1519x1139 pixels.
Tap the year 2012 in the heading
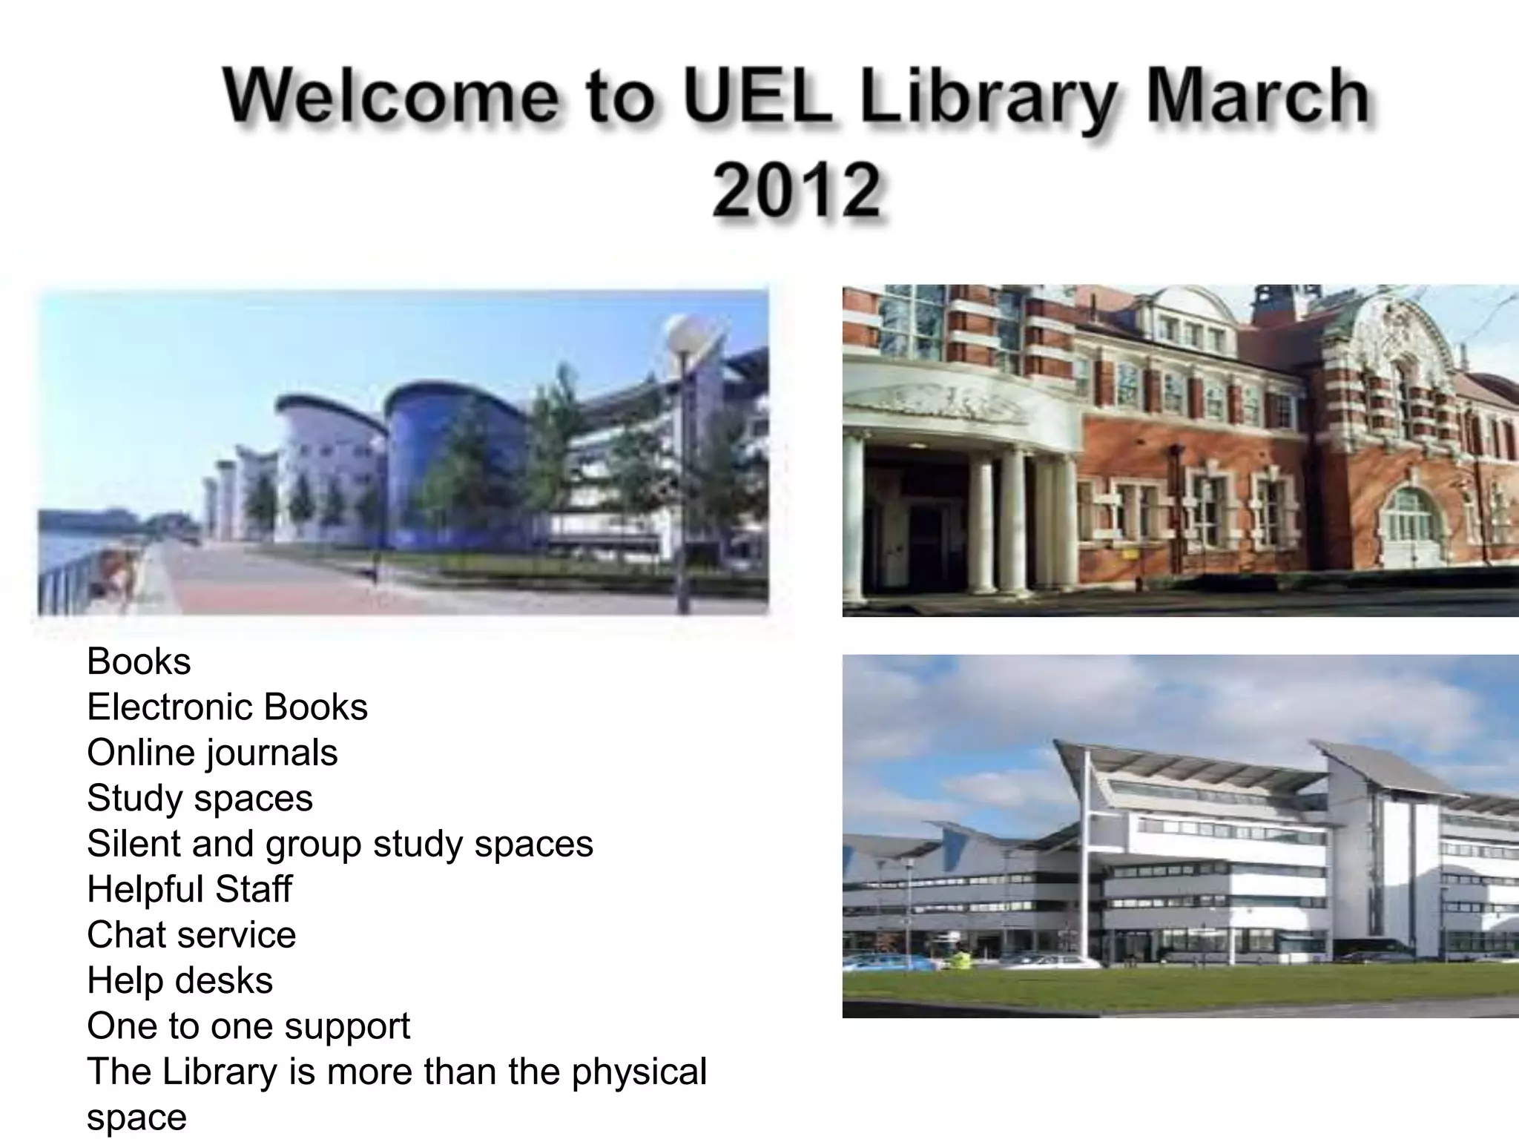click(797, 191)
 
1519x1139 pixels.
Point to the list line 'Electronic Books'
click(227, 707)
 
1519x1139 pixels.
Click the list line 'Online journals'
click(212, 753)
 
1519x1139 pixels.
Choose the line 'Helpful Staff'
click(189, 889)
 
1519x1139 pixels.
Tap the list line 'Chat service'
click(191, 934)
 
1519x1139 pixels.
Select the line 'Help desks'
click(179, 980)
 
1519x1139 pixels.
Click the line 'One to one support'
click(248, 1026)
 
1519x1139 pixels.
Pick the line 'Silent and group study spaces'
click(340, 844)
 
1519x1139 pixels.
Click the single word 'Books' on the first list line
click(139, 661)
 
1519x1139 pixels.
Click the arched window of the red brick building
click(1414, 512)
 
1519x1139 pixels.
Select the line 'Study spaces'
click(200, 799)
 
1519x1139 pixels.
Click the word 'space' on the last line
click(136, 1117)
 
